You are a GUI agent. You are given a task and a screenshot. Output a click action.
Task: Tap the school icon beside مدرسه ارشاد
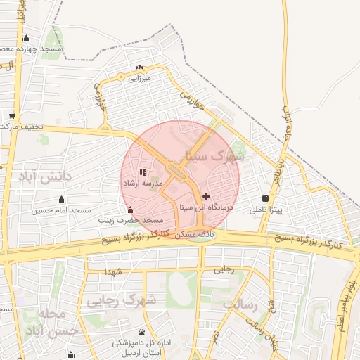[143, 172]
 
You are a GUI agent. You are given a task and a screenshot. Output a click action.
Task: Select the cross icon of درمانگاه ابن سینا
[206, 196]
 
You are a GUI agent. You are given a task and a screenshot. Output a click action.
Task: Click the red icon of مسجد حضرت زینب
[129, 210]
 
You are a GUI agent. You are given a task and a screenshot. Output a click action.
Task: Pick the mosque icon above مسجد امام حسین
[61, 199]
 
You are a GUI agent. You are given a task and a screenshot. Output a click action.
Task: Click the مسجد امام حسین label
[61, 210]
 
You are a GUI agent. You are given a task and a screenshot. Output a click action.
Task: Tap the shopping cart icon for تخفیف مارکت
[13, 115]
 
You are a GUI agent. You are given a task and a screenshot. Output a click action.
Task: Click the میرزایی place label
[139, 79]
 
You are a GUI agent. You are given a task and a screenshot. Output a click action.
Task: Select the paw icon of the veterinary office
[142, 332]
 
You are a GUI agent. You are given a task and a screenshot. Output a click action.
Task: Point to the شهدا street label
[112, 271]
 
